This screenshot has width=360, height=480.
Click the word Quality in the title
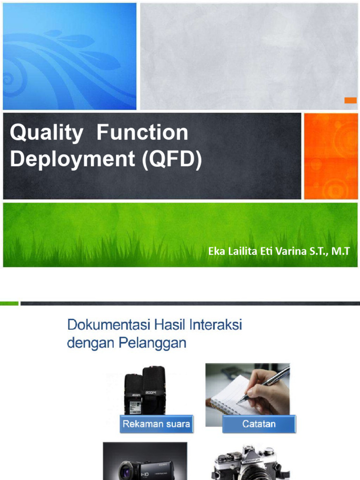tap(45, 134)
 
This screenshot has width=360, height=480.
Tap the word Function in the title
tap(142, 133)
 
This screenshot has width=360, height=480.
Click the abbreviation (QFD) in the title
tap(171, 159)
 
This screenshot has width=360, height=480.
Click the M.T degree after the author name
tap(341, 252)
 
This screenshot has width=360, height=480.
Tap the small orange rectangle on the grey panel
tap(350, 100)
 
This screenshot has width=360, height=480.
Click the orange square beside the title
tap(330, 156)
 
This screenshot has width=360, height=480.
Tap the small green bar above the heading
tap(9, 303)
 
